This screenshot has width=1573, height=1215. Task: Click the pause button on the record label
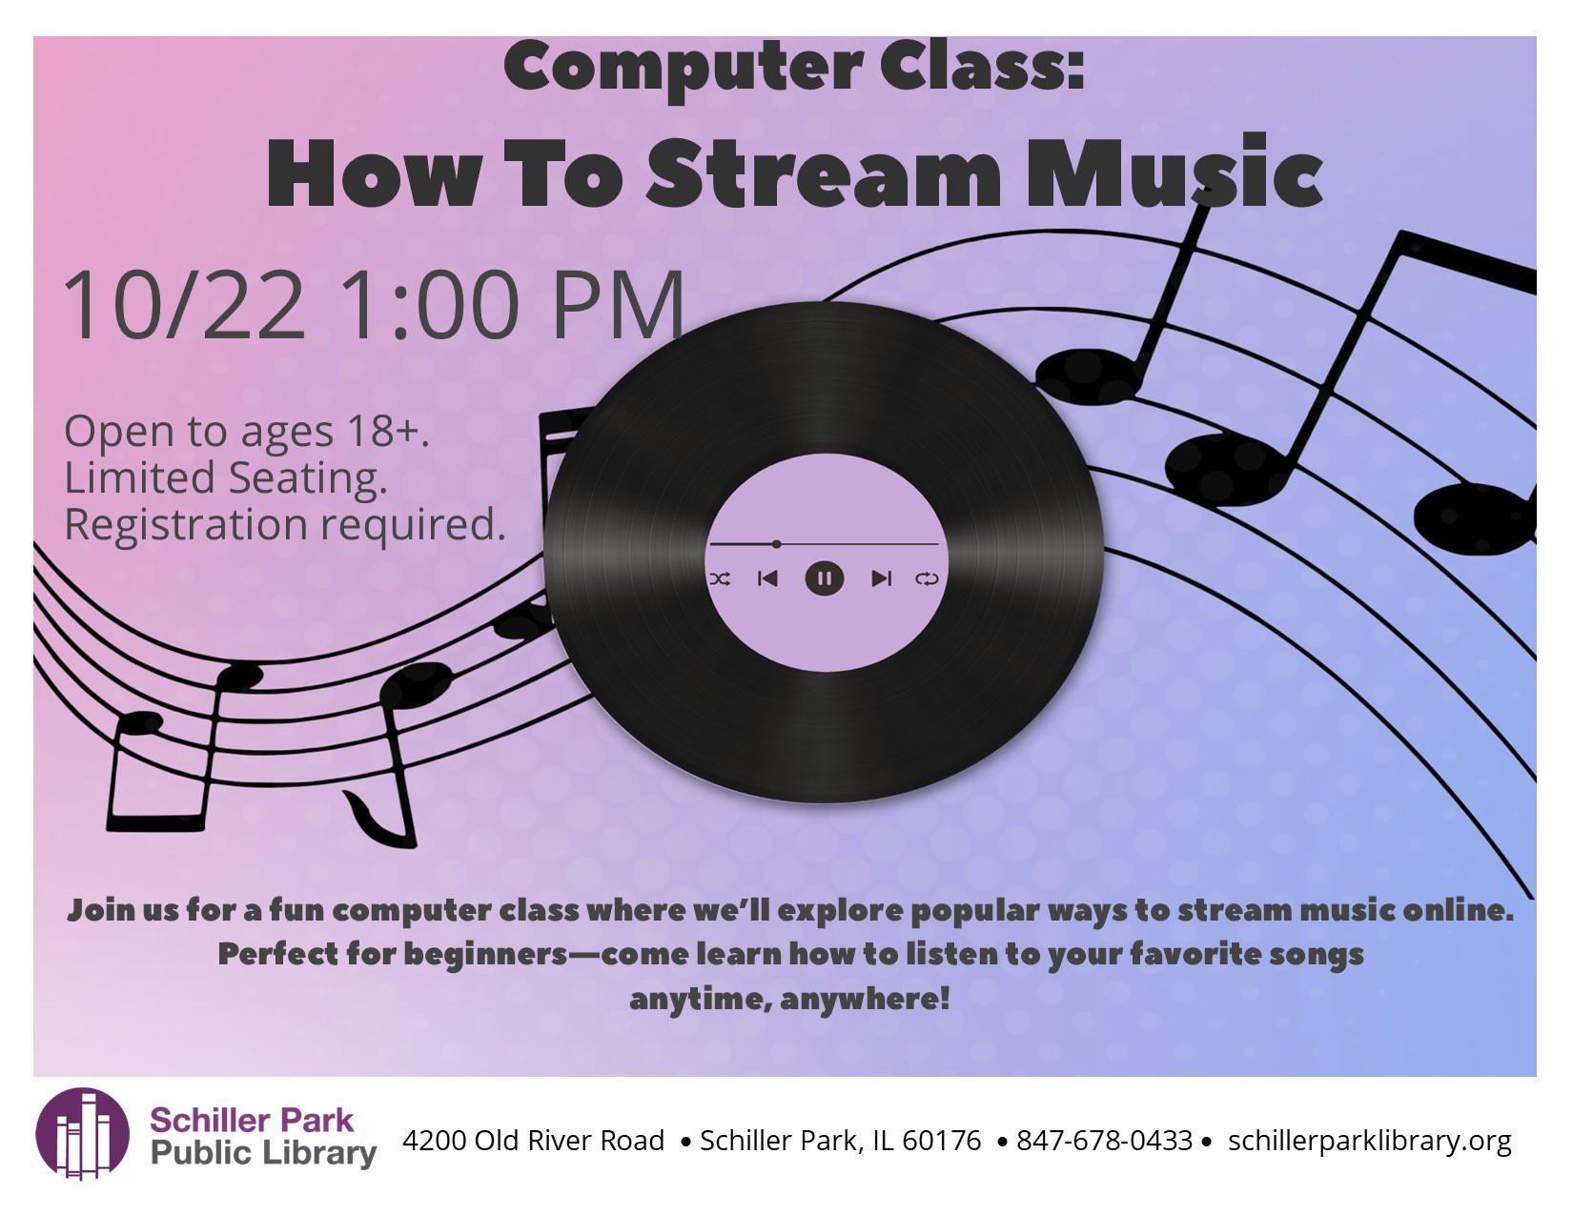click(x=824, y=578)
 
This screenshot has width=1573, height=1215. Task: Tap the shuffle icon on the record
click(x=721, y=578)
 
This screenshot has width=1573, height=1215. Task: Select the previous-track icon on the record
click(x=767, y=578)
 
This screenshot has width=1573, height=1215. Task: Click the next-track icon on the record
click(x=881, y=578)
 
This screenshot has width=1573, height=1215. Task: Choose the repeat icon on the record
click(x=928, y=578)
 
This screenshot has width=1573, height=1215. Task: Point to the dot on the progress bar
click(x=776, y=543)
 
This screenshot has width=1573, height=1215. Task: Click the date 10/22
click(x=185, y=304)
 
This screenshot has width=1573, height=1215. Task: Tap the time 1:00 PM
click(x=511, y=304)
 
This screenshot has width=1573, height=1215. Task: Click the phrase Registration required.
click(x=284, y=524)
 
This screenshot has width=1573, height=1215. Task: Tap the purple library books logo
click(x=83, y=1133)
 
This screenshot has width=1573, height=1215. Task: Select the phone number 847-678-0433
click(x=1104, y=1141)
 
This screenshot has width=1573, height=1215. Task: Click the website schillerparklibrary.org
click(x=1370, y=1142)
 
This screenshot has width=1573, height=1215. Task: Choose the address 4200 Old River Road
click(x=534, y=1141)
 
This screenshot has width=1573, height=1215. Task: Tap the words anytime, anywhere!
click(x=789, y=1000)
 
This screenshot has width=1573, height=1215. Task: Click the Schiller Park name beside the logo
click(x=251, y=1121)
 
